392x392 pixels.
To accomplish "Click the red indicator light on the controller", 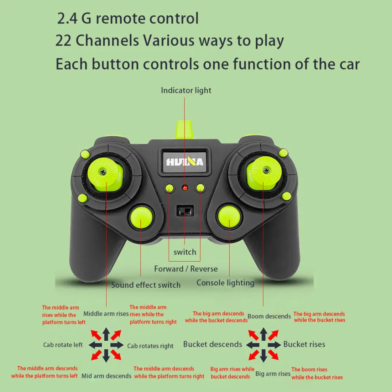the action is pyautogui.click(x=185, y=188).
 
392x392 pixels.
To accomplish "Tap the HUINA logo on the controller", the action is pyautogui.click(x=185, y=162).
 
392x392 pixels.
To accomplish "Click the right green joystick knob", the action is pyautogui.click(x=264, y=173).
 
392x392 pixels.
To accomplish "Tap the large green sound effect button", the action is pyautogui.click(x=141, y=217).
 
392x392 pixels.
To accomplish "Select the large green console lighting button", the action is pyautogui.click(x=229, y=217).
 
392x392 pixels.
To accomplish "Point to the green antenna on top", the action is pyautogui.click(x=184, y=129).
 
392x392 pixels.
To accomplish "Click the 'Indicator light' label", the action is pyautogui.click(x=186, y=90).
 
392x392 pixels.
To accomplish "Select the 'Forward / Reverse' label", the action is pyautogui.click(x=186, y=269).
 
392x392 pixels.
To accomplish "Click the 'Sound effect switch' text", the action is pyautogui.click(x=146, y=285).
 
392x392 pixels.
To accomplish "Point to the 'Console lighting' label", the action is pyautogui.click(x=225, y=283).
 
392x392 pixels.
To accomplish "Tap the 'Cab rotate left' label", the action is pyautogui.click(x=63, y=345).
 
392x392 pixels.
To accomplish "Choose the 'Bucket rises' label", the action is pyautogui.click(x=304, y=344).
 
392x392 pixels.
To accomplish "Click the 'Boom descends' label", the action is pyautogui.click(x=269, y=316).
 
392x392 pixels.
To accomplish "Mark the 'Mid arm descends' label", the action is pyautogui.click(x=107, y=376).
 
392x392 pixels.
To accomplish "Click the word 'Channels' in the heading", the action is pyautogui.click(x=107, y=40).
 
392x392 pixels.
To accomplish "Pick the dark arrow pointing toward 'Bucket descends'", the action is pyautogui.click(x=253, y=345).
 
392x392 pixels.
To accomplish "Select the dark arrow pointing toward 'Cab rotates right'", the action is pyautogui.click(x=117, y=345).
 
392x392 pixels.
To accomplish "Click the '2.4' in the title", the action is pyautogui.click(x=67, y=19).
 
